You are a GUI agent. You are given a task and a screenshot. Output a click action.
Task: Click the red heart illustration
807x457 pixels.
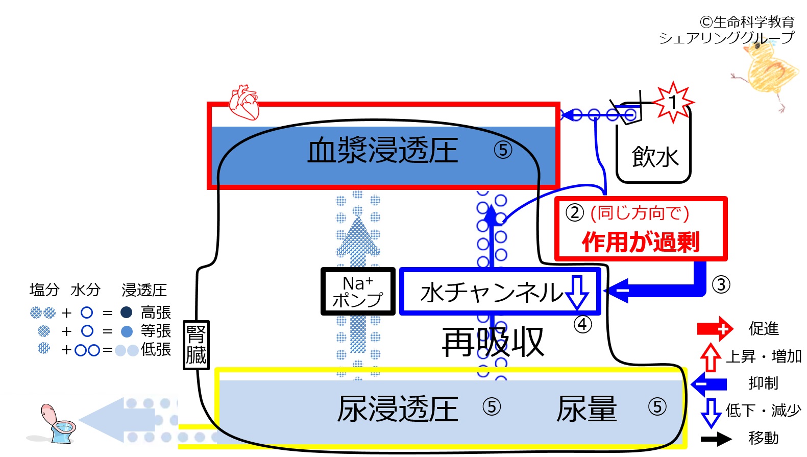pyautogui.click(x=244, y=102)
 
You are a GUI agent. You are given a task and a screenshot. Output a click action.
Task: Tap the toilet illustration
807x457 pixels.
pyautogui.click(x=58, y=424)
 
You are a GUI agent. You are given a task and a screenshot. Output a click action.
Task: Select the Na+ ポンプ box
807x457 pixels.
pyautogui.click(x=358, y=291)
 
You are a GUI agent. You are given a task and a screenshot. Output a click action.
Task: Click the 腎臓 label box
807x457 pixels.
pyautogui.click(x=196, y=345)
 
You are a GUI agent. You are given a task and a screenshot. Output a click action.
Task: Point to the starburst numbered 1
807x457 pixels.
pyautogui.click(x=673, y=102)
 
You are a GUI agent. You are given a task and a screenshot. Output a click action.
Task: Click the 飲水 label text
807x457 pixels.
pyautogui.click(x=655, y=157)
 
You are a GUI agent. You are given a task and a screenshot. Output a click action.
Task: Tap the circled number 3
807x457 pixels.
pyautogui.click(x=721, y=285)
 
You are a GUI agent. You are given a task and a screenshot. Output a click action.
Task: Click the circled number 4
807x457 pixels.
pyautogui.click(x=582, y=325)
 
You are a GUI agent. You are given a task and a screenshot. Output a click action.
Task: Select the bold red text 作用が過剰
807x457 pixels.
pyautogui.click(x=641, y=242)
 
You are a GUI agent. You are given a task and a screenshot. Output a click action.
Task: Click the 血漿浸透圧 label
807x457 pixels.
pyautogui.click(x=383, y=150)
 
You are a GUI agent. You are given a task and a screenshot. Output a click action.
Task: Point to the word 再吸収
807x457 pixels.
pyautogui.click(x=493, y=342)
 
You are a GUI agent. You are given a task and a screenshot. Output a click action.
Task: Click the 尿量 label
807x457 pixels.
pyautogui.click(x=586, y=408)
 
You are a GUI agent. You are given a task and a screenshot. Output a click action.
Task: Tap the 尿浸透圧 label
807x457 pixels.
pyautogui.click(x=398, y=408)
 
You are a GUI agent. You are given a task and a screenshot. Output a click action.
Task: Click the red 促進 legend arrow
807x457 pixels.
pyautogui.click(x=715, y=329)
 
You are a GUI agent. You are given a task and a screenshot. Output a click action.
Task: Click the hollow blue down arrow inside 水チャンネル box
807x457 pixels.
pyautogui.click(x=577, y=292)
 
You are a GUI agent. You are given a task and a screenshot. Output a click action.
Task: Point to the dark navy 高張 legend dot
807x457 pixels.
pyautogui.click(x=126, y=312)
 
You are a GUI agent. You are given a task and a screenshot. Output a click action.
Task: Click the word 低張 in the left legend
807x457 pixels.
pyautogui.click(x=156, y=349)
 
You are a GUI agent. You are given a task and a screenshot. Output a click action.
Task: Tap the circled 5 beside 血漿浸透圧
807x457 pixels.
pyautogui.click(x=503, y=150)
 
